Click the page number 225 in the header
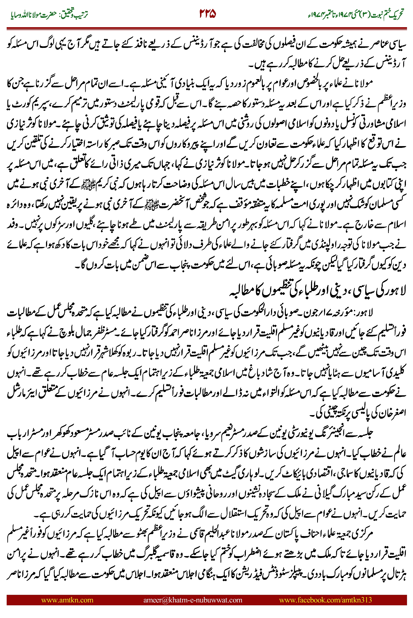coord(208,14)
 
